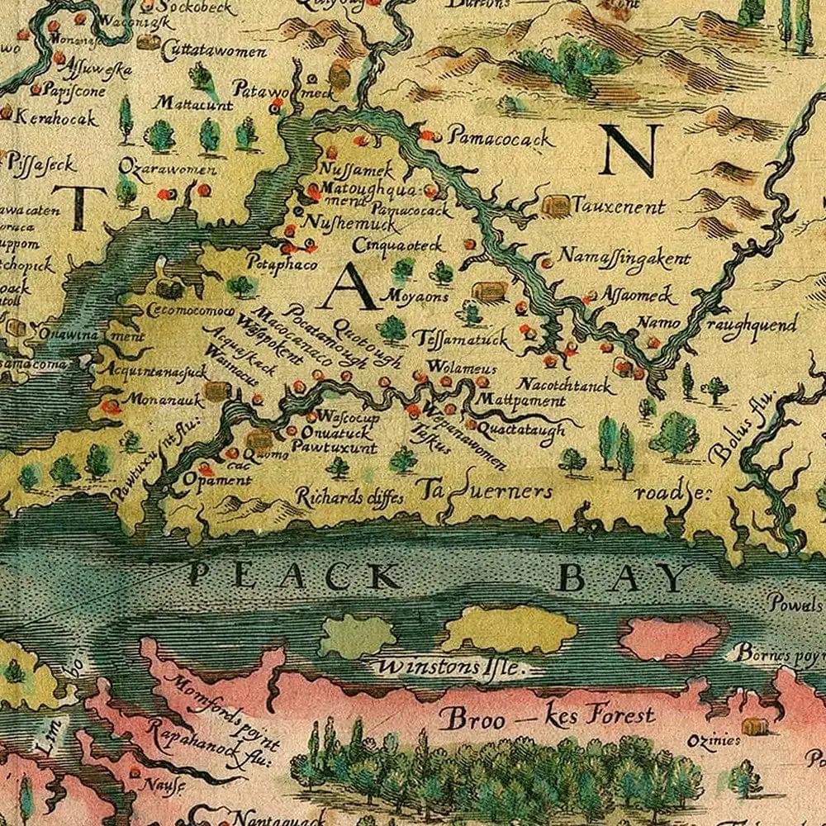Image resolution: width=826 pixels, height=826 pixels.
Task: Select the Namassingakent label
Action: coord(624,259)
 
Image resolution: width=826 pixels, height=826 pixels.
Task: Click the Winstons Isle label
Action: coord(449,667)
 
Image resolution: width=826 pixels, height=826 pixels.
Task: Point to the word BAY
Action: coord(623,578)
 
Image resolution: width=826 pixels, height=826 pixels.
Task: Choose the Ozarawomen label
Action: coord(167,170)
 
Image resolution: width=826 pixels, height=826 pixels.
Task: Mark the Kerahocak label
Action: coord(56,117)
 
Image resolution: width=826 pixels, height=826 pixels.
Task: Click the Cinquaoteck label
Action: coord(399,245)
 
